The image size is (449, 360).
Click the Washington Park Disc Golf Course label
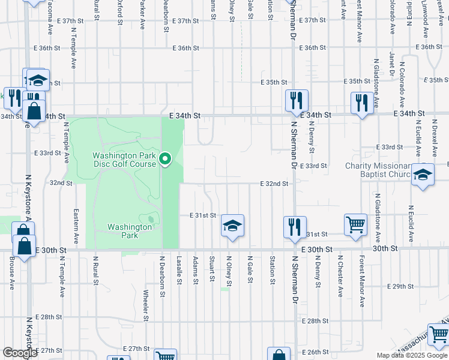point(124,160)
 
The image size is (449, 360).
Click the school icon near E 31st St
point(232,226)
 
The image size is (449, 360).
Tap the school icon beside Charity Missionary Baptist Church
point(423,175)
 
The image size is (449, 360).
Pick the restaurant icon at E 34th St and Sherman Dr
point(296,100)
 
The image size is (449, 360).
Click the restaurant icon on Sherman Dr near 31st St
point(295,227)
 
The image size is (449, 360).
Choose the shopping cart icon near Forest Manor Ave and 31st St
point(355,225)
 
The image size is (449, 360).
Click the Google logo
point(19,353)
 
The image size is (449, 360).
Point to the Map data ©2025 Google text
point(412,355)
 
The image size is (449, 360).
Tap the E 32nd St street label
point(274,184)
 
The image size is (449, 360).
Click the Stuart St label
point(212,268)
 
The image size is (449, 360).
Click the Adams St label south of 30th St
point(196,268)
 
